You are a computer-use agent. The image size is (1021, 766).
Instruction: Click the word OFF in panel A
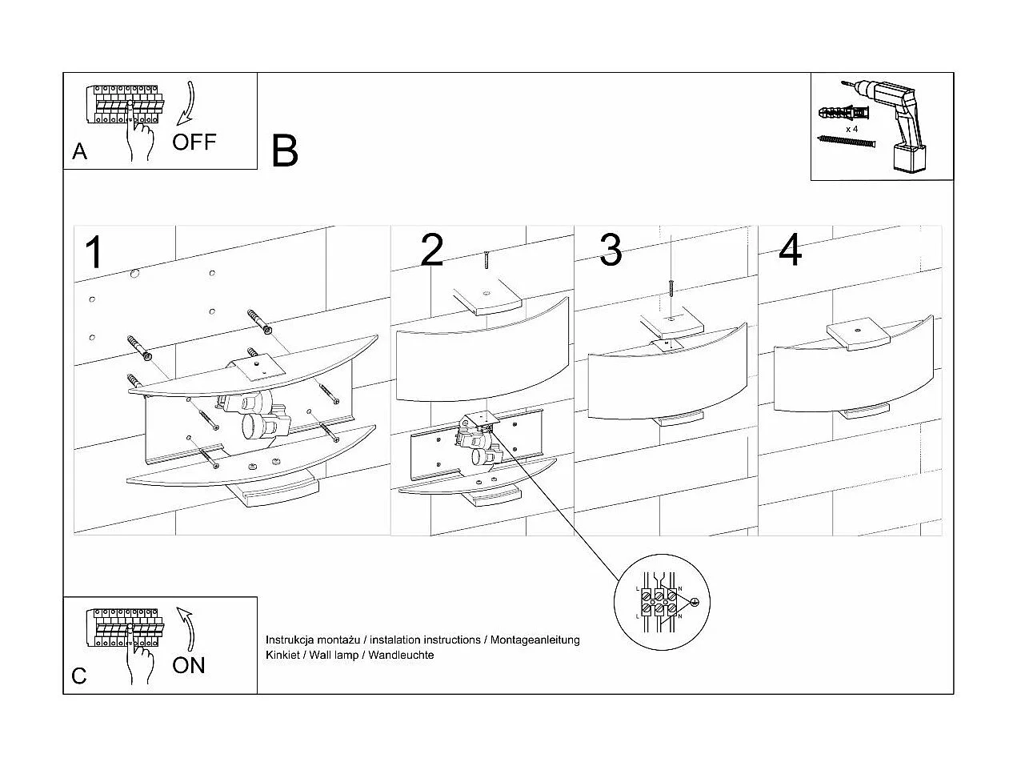point(194,142)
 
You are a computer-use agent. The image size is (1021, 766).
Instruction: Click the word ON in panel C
point(189,665)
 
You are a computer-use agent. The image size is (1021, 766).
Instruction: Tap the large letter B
point(285,150)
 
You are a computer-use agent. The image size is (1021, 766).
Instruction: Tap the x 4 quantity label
point(851,128)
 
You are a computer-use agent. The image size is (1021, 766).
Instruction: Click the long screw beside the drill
point(847,142)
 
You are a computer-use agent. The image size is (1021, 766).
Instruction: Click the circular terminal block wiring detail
point(659,603)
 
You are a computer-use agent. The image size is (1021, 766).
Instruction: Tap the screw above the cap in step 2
point(486,260)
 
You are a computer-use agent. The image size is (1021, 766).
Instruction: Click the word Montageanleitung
point(535,640)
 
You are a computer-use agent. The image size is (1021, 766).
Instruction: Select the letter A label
point(79,151)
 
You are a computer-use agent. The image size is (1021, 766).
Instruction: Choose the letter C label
point(79,676)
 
